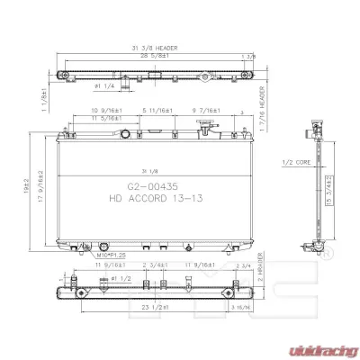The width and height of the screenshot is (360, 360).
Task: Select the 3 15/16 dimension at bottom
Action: pos(241,309)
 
